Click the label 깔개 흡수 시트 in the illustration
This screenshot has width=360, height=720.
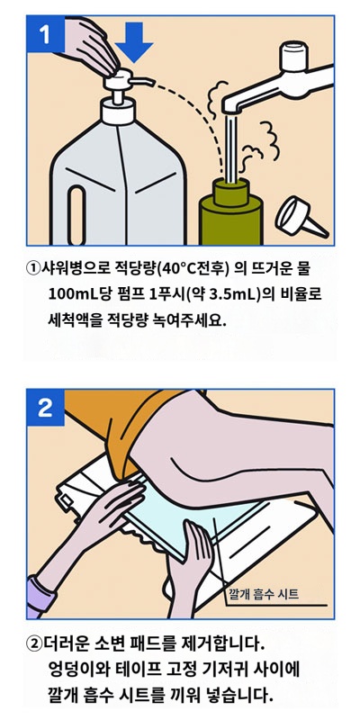coord(265,594)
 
